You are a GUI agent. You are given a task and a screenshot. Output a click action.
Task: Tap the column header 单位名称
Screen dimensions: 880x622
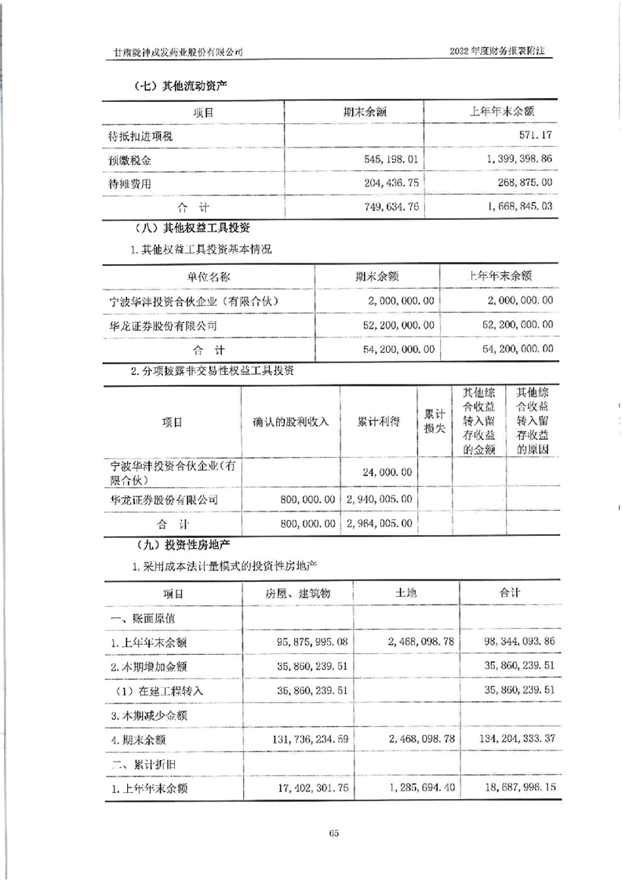coord(209,276)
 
